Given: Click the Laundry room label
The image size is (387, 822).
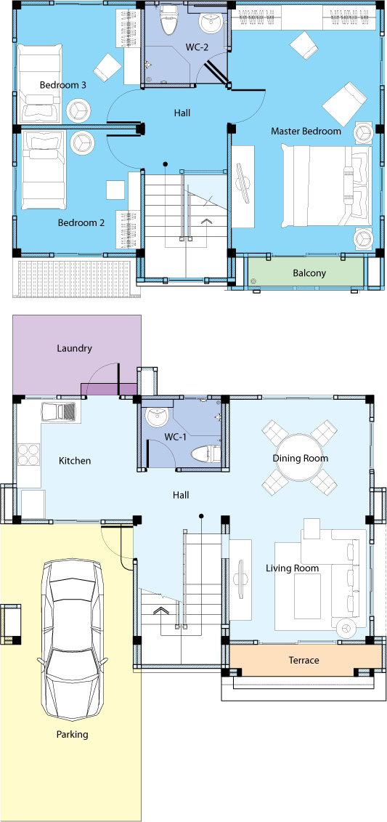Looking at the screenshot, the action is [74, 348].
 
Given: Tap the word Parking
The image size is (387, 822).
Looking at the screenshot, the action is [73, 735].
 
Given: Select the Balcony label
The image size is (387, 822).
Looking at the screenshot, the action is [309, 273].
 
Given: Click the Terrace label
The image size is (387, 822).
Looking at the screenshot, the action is [304, 660].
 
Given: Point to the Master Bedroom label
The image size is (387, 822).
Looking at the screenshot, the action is [306, 131].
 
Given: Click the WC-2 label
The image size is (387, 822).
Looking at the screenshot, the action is [197, 47].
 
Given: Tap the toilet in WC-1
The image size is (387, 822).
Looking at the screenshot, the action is [205, 454].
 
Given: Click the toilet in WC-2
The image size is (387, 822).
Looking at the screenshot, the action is [168, 20].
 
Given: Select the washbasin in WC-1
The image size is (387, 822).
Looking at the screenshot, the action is [157, 416].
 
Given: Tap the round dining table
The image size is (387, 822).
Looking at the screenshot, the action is [299, 458].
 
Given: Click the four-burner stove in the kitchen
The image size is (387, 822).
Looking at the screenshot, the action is [29, 455].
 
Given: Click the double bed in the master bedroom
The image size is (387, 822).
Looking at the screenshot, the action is [326, 186].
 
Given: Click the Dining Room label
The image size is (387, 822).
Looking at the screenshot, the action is [300, 458].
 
